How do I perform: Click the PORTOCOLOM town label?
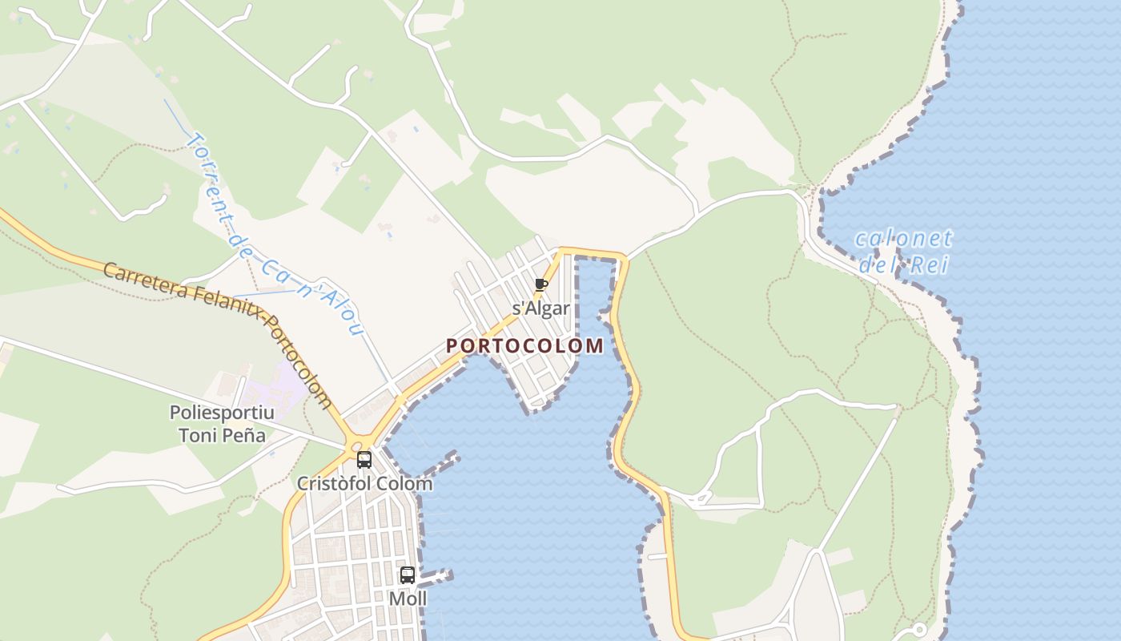524,346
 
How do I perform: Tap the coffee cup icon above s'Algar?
541,284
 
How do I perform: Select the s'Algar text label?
541,308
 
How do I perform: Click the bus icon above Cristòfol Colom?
364,460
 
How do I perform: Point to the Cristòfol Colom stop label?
364,484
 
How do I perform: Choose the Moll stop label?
408,599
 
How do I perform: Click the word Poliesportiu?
222,413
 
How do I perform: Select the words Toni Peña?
222,436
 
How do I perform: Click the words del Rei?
904,264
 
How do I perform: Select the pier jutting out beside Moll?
437,576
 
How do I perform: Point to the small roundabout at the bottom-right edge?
918,630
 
